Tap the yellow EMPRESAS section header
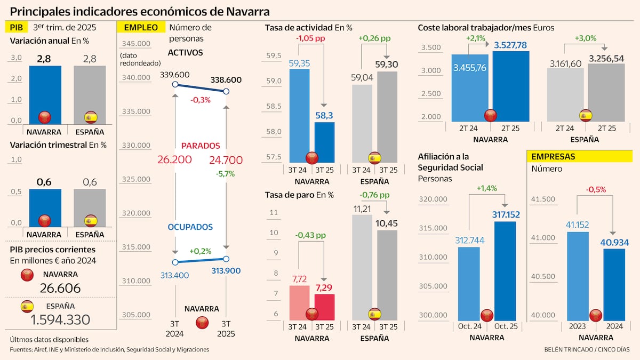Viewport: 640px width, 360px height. click(554, 156)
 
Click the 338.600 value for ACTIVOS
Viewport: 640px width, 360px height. click(226, 80)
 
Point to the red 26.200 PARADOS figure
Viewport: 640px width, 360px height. click(174, 159)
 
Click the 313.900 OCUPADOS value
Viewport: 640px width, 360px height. click(226, 270)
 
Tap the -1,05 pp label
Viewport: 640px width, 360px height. click(310, 38)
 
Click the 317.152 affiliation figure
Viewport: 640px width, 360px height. click(505, 214)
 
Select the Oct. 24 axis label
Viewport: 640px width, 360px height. click(469, 326)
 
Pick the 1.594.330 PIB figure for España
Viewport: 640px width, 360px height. click(60, 319)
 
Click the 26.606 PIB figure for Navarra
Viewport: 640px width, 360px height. click(60, 288)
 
